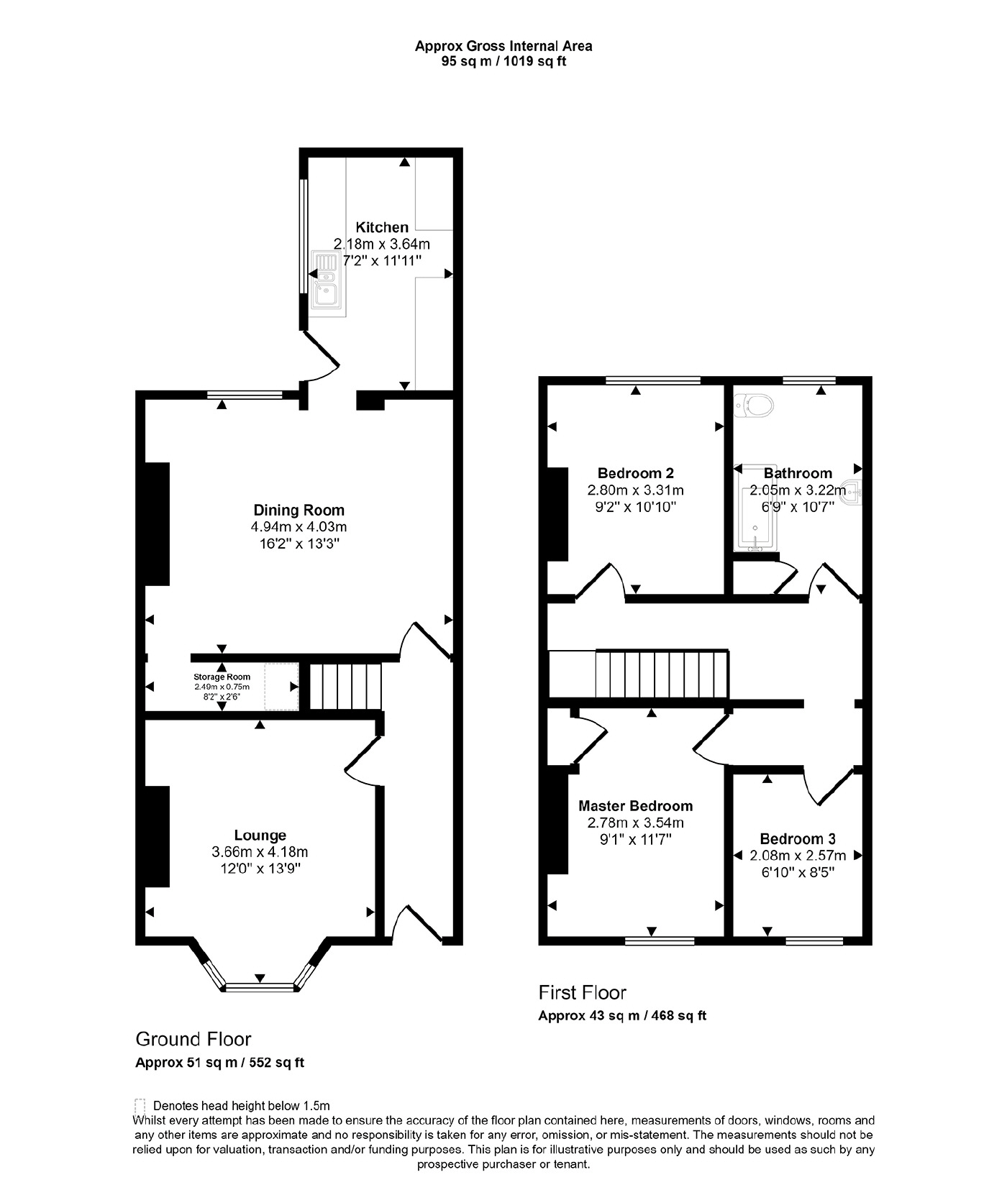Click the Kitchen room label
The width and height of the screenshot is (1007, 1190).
tap(382, 227)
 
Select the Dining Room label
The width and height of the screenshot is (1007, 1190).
tap(299, 510)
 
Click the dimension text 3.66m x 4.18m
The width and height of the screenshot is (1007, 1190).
tap(260, 851)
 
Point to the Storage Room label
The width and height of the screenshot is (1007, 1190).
tap(222, 677)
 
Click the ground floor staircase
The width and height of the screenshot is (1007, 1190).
tap(345, 687)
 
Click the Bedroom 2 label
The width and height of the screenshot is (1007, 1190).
tap(635, 473)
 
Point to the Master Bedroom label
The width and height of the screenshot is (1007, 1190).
tap(635, 806)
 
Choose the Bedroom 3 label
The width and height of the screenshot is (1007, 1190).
tap(797, 838)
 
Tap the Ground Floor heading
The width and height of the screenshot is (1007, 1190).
tap(193, 1039)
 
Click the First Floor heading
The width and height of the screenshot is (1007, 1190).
tap(582, 993)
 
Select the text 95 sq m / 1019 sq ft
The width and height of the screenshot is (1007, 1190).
tap(503, 62)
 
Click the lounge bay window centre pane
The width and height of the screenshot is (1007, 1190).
tap(260, 987)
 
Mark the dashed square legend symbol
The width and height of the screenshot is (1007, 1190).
tap(140, 1106)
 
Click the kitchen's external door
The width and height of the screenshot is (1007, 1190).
tap(322, 356)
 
